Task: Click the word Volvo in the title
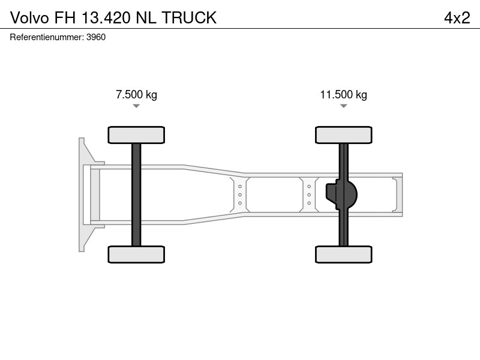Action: (29, 18)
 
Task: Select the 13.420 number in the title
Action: (106, 18)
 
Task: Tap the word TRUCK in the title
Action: (189, 18)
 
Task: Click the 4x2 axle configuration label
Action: (457, 18)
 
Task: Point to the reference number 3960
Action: (96, 37)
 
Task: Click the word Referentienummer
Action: (47, 37)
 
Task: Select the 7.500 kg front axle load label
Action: (137, 95)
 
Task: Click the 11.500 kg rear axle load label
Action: (343, 95)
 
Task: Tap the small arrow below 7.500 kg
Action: (136, 106)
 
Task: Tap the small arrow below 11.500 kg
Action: (343, 106)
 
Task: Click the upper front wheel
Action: (136, 135)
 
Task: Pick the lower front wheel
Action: (136, 254)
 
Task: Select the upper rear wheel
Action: (343, 135)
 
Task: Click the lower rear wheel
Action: (343, 254)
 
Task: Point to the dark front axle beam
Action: (136, 194)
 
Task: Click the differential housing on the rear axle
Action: (341, 194)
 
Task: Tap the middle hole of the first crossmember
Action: (240, 194)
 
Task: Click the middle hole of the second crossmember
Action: (309, 194)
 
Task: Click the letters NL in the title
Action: (146, 18)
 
